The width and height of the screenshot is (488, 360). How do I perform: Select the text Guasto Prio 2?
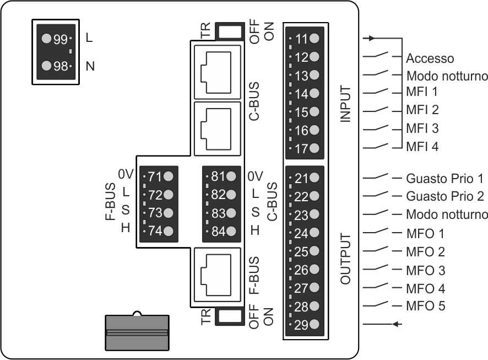click(x=444, y=196)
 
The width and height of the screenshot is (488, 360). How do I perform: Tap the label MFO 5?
click(x=425, y=306)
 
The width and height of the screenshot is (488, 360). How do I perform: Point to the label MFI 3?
click(x=422, y=128)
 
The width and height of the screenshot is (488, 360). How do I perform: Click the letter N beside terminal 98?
click(x=90, y=67)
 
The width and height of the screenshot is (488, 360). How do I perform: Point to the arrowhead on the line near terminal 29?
click(x=395, y=324)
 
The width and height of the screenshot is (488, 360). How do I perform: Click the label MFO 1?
click(x=425, y=233)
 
